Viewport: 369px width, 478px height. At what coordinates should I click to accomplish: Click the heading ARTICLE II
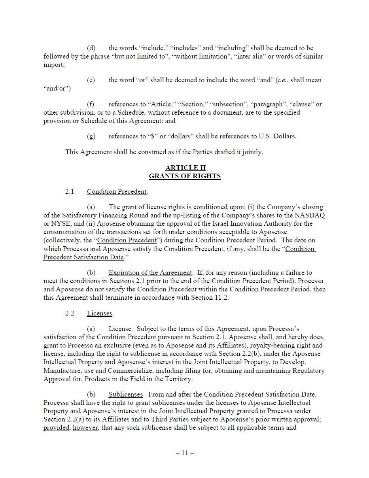[185, 168]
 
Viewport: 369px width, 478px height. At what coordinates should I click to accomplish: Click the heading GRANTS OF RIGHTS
[185, 176]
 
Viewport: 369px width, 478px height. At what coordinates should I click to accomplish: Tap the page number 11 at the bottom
[185, 453]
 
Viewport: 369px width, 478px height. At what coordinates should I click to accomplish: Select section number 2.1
[70, 191]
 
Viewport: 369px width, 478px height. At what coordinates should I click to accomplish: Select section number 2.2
[70, 313]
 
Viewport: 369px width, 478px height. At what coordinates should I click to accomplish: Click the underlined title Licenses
[100, 313]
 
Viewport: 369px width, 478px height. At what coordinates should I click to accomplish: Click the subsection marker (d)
[91, 48]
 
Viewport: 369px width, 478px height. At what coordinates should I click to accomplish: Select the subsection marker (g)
[91, 136]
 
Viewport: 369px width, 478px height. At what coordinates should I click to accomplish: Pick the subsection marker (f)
[91, 104]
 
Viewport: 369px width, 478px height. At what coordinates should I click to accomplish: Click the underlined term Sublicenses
[125, 394]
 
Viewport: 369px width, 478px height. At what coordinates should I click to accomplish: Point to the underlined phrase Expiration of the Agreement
[150, 272]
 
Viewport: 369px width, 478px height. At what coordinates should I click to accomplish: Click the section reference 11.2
[221, 297]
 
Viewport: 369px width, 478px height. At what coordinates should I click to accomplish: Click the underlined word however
[85, 427]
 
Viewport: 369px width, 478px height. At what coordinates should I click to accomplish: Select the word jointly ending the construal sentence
[252, 152]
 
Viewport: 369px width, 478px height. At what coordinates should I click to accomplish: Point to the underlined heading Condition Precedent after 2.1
[117, 191]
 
